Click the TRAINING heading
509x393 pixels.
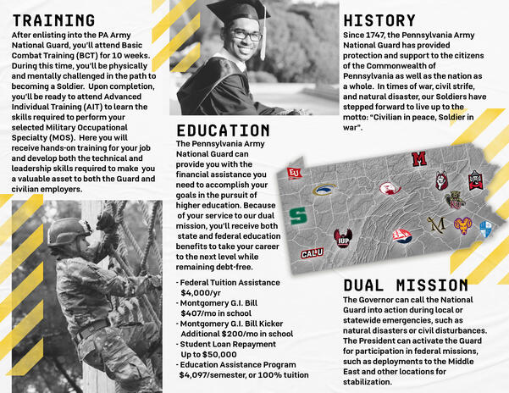(53, 20)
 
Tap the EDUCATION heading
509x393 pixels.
(223, 130)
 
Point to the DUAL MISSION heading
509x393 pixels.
(406, 285)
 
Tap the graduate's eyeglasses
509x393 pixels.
(246, 36)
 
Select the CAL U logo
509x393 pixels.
(312, 252)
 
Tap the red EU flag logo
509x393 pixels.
(294, 173)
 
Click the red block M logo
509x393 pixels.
(418, 158)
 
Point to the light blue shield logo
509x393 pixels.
(485, 230)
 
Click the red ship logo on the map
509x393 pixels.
(401, 234)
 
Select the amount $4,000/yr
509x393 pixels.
(202, 292)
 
